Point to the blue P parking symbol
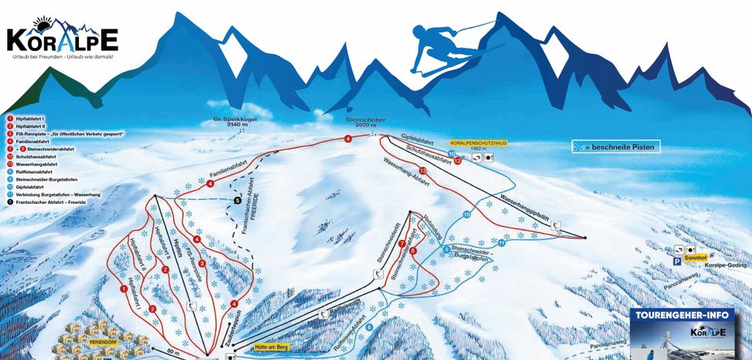tap(676, 262)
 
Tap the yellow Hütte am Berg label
tap(271, 348)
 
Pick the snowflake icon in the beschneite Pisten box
tap(577, 146)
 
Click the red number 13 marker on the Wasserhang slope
tap(422, 170)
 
